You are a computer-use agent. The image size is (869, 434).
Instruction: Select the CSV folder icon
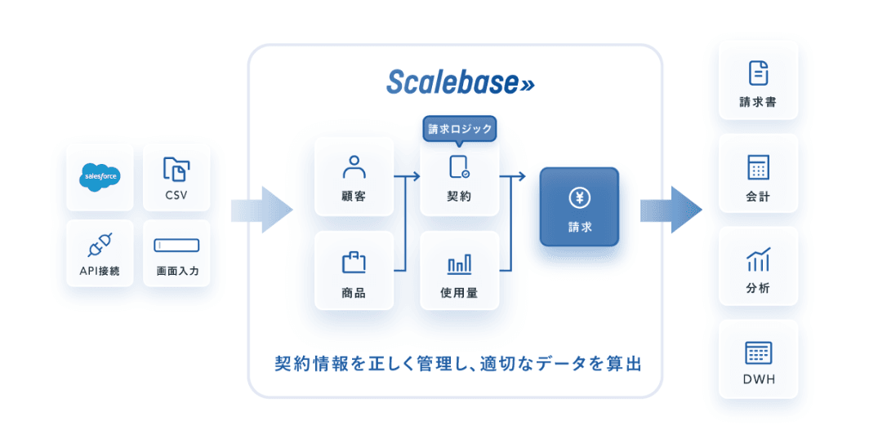coord(176,169)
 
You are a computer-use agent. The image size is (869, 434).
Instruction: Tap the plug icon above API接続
coord(100,244)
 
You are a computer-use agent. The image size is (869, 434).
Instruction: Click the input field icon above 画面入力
coord(176,245)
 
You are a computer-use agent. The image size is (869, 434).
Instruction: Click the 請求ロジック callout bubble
coord(460,129)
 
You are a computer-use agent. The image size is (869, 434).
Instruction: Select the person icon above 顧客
coord(354,167)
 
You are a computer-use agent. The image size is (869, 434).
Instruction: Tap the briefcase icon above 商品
coord(354,262)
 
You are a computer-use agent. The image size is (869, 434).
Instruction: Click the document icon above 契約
coord(459,167)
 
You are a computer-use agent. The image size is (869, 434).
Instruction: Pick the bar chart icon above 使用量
coord(459,263)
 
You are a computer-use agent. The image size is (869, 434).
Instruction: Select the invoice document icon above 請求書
coord(758,73)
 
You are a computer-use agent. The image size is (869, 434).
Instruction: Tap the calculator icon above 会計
coord(758,167)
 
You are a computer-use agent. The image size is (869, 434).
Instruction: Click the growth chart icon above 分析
coord(758,259)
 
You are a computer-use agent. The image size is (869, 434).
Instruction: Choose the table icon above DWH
coord(758,352)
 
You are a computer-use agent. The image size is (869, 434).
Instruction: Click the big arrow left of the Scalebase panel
coord(263,210)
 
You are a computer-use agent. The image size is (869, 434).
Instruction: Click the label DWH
coord(758,379)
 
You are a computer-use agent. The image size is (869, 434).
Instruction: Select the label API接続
coord(100,271)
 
